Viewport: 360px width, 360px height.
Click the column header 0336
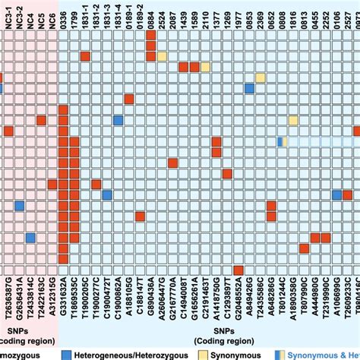click(x=63, y=21)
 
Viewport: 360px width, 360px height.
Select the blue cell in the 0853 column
click(x=249, y=89)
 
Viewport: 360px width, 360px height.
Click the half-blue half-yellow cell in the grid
click(x=281, y=141)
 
